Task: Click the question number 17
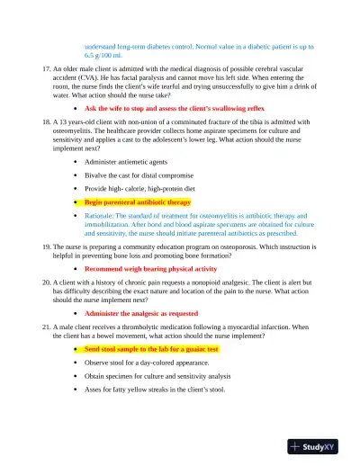click(48, 68)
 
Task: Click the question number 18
click(48, 120)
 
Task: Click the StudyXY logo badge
click(319, 445)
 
